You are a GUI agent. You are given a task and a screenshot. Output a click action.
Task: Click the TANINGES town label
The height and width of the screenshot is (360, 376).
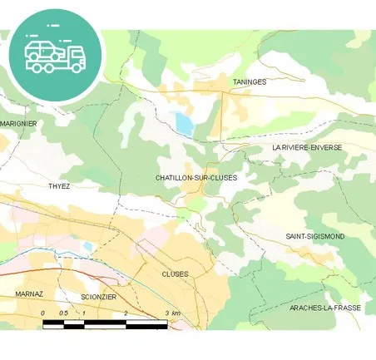(250, 82)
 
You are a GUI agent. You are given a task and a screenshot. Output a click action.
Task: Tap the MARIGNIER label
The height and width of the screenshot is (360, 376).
(18, 123)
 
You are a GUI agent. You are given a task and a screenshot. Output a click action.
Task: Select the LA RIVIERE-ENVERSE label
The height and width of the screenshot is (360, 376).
(307, 147)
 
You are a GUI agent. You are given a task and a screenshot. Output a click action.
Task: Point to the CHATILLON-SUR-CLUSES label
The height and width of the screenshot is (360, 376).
(196, 178)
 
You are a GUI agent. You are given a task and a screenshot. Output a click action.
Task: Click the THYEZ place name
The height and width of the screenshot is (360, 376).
(59, 186)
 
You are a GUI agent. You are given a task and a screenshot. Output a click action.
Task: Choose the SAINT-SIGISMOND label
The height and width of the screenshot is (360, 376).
(314, 237)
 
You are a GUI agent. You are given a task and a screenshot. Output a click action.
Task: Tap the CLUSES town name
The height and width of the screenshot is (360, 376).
(176, 274)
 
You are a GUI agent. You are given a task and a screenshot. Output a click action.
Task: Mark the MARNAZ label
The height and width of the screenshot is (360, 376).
(28, 294)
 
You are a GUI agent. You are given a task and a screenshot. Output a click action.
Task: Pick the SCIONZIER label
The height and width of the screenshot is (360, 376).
(99, 297)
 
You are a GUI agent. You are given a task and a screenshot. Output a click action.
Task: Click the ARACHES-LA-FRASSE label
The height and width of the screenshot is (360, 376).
(325, 308)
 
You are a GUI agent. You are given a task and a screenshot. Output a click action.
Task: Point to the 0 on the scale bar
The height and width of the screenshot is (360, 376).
(42, 313)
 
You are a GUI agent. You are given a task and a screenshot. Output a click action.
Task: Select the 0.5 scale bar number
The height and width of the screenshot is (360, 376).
(63, 313)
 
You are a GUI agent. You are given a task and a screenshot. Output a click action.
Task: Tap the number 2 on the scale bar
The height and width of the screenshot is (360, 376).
(126, 313)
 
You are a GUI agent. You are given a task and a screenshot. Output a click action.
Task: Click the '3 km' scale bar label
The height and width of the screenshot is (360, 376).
(172, 313)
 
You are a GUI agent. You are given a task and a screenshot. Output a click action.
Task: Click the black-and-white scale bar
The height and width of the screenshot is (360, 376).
(105, 323)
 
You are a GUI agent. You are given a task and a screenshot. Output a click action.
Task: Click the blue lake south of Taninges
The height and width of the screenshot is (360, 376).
(184, 124)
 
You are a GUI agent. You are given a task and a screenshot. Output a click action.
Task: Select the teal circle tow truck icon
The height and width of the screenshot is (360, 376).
(55, 56)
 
